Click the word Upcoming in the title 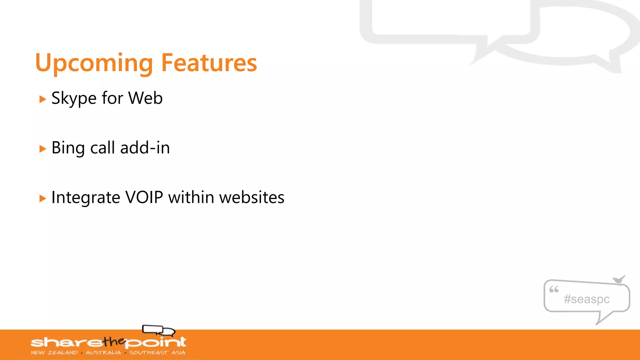[x=94, y=63]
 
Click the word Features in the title [x=209, y=63]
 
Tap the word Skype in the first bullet [x=74, y=98]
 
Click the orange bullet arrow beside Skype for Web [x=43, y=99]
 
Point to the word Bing [x=68, y=148]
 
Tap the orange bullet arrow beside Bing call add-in [x=43, y=149]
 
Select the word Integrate [x=86, y=197]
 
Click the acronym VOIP [x=144, y=197]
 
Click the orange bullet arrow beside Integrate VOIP [x=43, y=198]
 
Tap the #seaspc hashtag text [x=587, y=299]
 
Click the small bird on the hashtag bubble [x=618, y=279]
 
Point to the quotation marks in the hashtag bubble [x=554, y=289]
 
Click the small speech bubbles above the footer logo [x=158, y=330]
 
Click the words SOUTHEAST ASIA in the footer [x=157, y=352]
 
